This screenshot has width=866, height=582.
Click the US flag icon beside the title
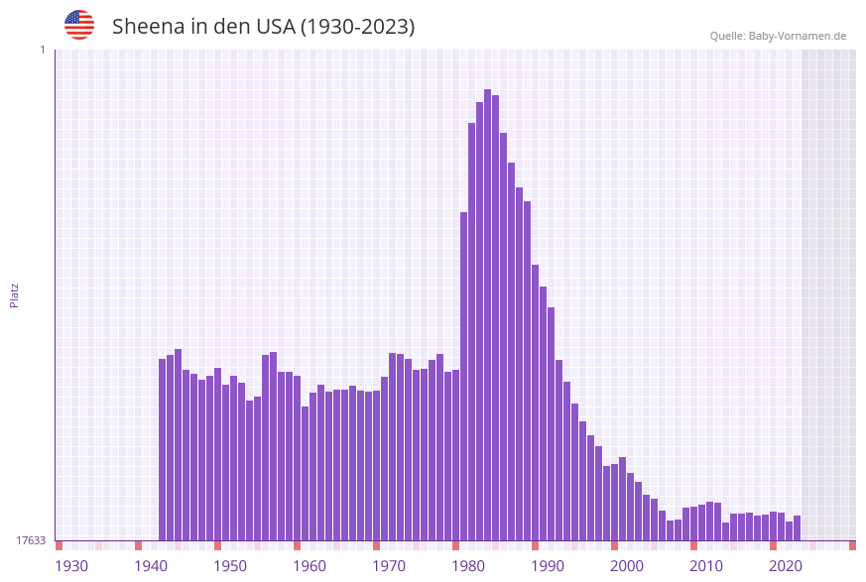[x=79, y=25]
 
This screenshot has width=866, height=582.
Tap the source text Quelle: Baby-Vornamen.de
[x=778, y=36]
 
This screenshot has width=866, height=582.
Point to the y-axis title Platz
[x=15, y=294]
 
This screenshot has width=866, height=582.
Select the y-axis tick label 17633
[x=31, y=540]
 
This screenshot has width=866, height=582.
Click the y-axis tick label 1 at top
[x=42, y=50]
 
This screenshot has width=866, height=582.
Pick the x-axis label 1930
[x=71, y=566]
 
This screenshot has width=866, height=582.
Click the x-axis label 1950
[x=230, y=566]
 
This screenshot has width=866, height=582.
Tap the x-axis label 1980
[x=468, y=566]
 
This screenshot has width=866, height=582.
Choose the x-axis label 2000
[x=627, y=566]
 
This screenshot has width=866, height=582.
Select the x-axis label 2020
[x=786, y=566]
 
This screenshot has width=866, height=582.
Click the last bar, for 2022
[x=797, y=528]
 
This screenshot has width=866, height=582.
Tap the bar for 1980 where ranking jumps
[x=463, y=377]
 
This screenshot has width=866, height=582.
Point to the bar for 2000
[x=622, y=500]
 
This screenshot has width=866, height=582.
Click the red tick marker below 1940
[x=138, y=545]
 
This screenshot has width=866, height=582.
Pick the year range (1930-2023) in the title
[x=357, y=27]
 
